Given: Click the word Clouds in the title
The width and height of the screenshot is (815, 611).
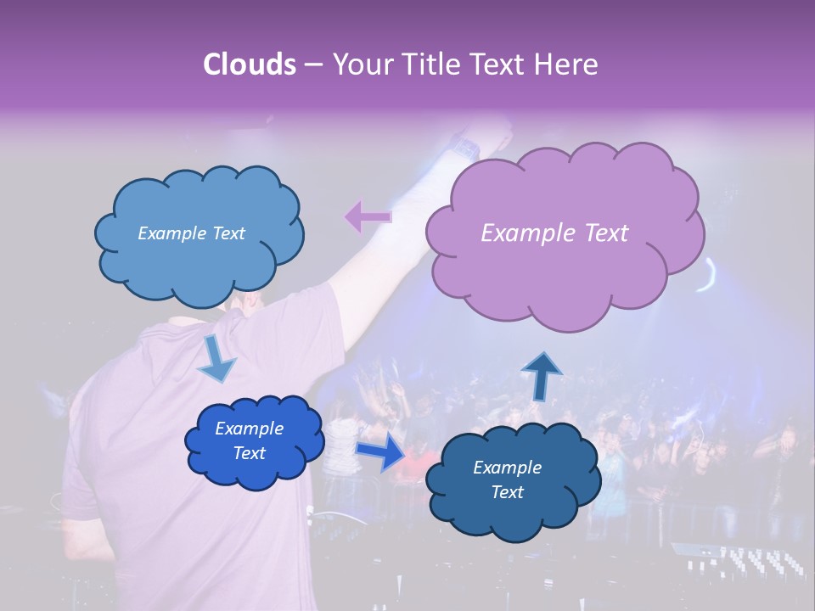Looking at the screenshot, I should point(248,64).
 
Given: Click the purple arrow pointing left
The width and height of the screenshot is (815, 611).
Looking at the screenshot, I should point(368,217).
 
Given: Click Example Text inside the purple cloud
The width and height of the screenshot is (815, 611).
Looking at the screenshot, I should point(554,233).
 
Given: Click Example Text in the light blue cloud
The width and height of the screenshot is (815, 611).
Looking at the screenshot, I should point(191,233).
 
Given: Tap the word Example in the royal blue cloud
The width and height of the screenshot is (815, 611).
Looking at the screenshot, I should point(249,429).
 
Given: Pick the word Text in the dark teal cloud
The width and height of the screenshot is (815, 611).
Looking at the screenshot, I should point(507,492).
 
